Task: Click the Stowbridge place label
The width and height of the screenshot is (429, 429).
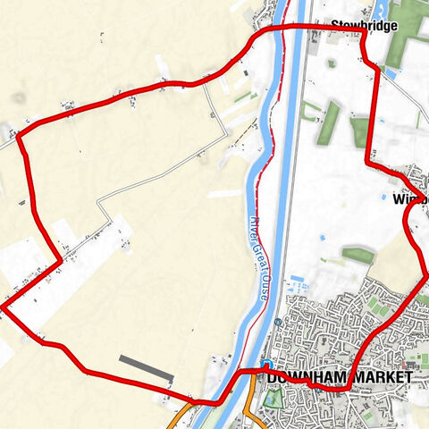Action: pos(364,26)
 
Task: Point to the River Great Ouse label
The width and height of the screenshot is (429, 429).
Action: pos(258,260)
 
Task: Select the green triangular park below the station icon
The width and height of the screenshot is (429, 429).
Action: pos(271,396)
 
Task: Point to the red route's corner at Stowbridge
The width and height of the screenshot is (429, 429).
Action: pos(362,34)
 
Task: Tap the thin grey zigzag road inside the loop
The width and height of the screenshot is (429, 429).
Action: pos(161,178)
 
